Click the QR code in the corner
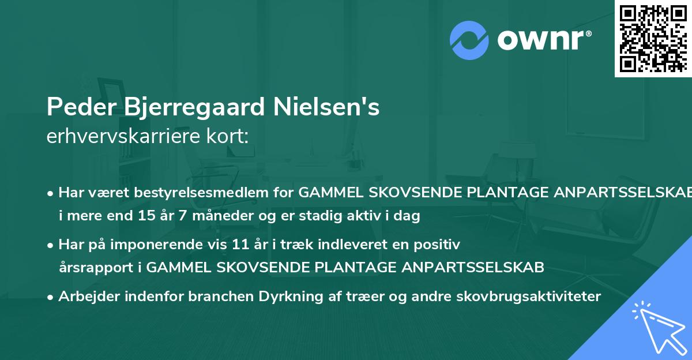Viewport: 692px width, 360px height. click(653, 38)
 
